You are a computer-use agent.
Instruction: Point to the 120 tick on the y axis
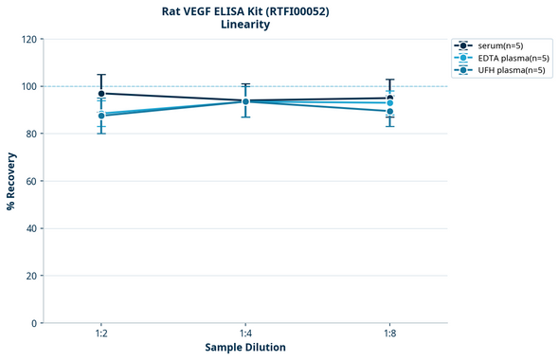(31, 39)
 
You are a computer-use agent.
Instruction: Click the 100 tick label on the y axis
(31, 86)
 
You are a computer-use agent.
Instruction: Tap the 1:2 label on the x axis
(101, 334)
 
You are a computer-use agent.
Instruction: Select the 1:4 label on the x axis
(245, 334)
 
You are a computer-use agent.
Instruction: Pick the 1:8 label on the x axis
(389, 334)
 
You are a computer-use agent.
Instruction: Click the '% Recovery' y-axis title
(11, 181)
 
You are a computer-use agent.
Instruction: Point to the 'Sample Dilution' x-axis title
(245, 348)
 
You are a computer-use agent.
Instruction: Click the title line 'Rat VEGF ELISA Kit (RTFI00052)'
(244, 11)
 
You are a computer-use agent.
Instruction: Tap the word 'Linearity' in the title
(244, 25)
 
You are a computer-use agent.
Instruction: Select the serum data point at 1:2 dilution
(101, 93)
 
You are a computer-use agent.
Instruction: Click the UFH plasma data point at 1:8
(389, 111)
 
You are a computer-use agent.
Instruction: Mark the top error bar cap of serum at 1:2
(101, 75)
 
